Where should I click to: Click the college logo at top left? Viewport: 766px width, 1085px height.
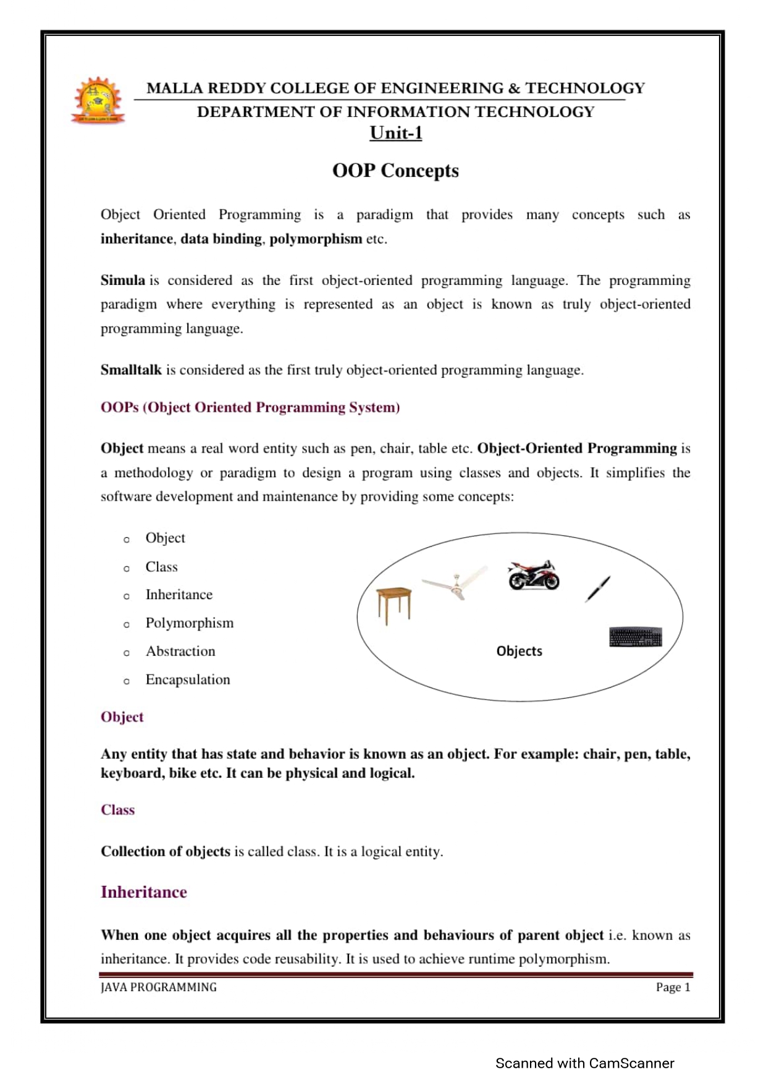pyautogui.click(x=98, y=101)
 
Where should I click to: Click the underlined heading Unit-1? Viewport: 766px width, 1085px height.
pyautogui.click(x=395, y=133)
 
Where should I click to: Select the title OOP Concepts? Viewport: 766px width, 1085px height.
pyautogui.click(x=395, y=171)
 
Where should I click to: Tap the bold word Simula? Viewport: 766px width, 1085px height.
pyautogui.click(x=123, y=280)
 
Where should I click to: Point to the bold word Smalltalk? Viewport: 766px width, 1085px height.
pyautogui.click(x=131, y=370)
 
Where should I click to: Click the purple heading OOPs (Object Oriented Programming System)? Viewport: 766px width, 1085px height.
pyautogui.click(x=250, y=407)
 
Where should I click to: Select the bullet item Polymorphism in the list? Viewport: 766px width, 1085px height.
pyautogui.click(x=190, y=623)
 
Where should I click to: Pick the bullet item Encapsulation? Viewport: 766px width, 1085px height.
pyautogui.click(x=188, y=680)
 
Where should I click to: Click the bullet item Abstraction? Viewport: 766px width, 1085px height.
pyautogui.click(x=180, y=652)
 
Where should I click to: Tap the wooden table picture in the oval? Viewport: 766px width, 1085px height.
pyautogui.click(x=394, y=605)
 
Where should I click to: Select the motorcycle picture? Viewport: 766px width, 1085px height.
pyautogui.click(x=533, y=576)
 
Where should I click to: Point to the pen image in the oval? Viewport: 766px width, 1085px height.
pyautogui.click(x=598, y=589)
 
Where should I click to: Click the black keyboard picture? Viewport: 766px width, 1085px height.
pyautogui.click(x=635, y=637)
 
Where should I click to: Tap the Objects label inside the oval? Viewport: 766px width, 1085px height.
pyautogui.click(x=519, y=651)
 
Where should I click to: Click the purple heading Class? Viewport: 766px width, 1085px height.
pyautogui.click(x=117, y=810)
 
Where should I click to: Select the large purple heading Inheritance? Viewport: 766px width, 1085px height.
pyautogui.click(x=144, y=892)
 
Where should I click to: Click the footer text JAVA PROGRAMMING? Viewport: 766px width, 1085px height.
pyautogui.click(x=159, y=987)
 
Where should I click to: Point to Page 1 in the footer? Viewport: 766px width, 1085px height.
pyautogui.click(x=673, y=987)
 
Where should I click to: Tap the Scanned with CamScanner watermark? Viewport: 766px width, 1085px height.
pyautogui.click(x=584, y=1063)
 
